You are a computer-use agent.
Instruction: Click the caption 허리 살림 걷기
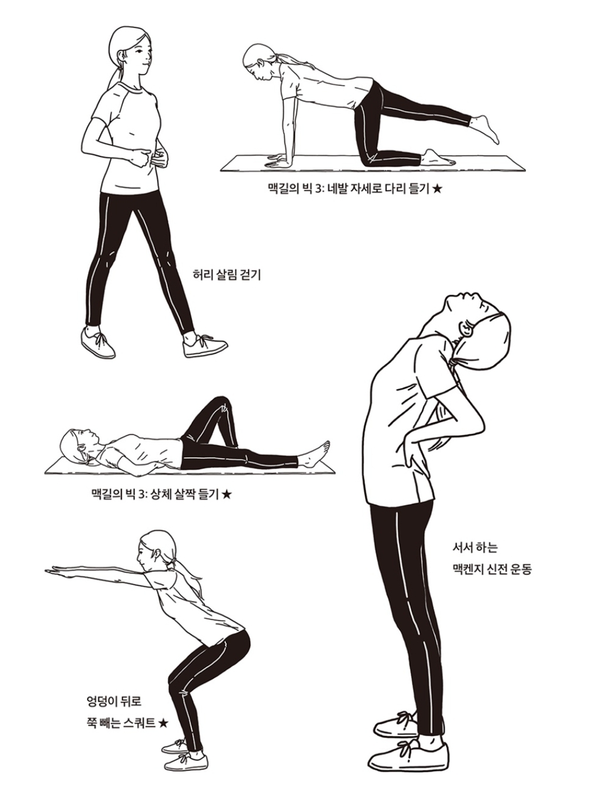click(226, 275)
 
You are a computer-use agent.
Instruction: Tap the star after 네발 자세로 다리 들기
click(437, 189)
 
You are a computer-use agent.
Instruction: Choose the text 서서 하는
click(475, 548)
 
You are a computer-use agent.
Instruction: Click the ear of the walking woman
click(121, 56)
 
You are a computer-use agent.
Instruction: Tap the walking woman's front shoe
click(204, 345)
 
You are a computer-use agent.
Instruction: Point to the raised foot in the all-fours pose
click(484, 128)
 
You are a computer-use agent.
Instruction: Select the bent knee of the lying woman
click(222, 405)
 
